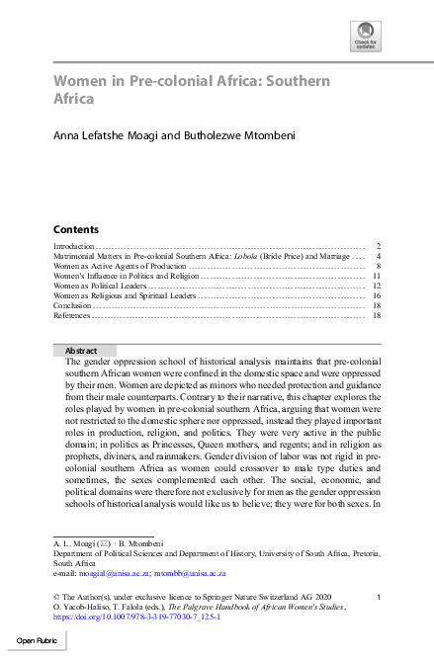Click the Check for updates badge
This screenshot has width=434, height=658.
coord(365,38)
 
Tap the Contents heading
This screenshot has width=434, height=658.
coord(75,228)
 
